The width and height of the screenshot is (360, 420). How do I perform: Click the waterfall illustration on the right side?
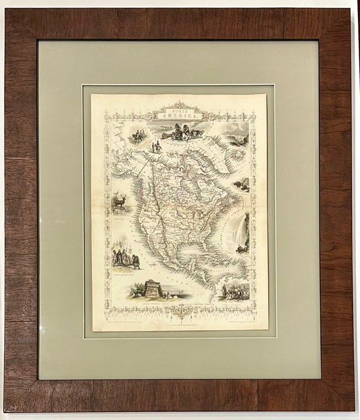click(x=242, y=233)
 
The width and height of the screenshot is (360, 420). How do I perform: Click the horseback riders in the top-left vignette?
click(x=137, y=136)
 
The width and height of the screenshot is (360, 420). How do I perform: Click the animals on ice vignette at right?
click(x=241, y=185)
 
